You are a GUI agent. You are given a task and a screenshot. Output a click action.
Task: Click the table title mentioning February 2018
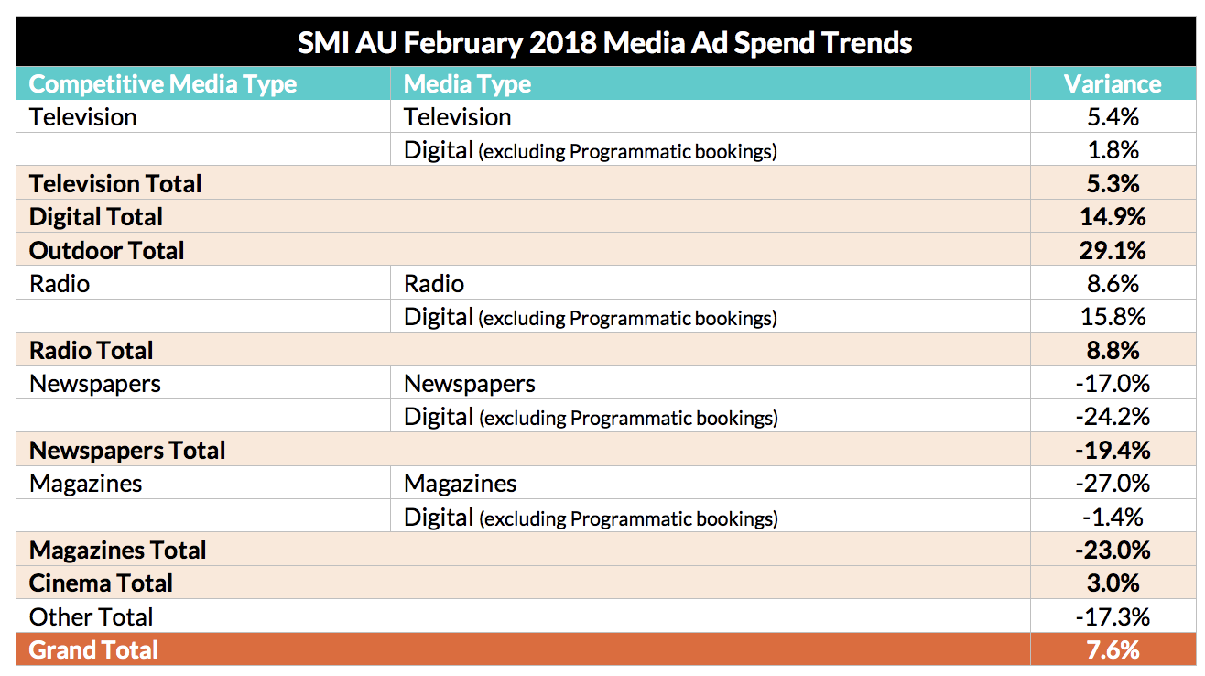(604, 42)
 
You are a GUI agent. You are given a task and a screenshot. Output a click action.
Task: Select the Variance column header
(1113, 84)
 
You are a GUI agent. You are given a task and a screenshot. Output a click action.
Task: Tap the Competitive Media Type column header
(163, 84)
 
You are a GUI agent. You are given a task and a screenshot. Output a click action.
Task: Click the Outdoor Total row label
(106, 250)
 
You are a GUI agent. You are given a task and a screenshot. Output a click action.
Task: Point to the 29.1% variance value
(1113, 250)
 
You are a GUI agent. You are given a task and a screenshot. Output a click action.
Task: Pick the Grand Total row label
(93, 649)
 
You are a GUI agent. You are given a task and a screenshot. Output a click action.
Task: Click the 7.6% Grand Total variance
(1113, 649)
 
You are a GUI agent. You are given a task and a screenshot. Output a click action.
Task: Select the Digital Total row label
(95, 217)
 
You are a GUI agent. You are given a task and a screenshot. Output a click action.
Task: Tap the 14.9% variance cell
(1113, 217)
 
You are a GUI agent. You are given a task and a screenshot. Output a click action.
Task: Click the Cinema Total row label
(101, 583)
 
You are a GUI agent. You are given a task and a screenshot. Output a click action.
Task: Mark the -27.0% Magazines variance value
(1113, 483)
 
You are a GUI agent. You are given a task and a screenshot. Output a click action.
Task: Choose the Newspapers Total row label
(127, 450)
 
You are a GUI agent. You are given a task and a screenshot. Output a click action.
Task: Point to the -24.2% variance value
(1113, 417)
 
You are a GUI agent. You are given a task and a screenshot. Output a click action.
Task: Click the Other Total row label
(91, 616)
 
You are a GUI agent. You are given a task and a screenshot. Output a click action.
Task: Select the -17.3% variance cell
(1113, 616)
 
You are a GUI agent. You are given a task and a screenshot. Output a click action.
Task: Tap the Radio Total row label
(92, 350)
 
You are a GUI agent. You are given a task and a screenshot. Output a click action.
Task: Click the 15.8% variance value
(1113, 317)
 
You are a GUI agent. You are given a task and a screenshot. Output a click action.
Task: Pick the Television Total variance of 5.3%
(1113, 183)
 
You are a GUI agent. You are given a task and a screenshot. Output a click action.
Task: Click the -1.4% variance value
(1113, 517)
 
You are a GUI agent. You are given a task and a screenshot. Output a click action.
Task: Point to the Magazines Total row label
(117, 550)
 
